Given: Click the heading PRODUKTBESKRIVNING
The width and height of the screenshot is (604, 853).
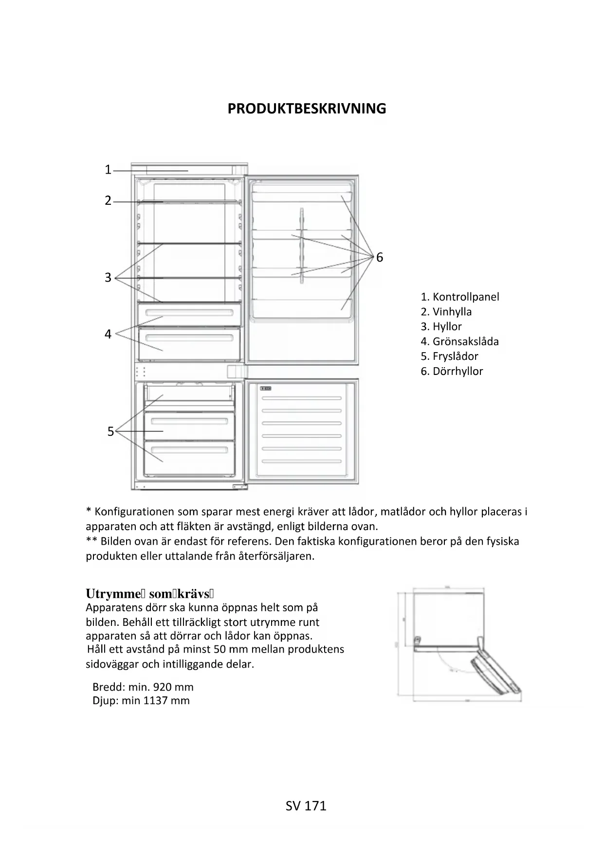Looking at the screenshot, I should (307, 108).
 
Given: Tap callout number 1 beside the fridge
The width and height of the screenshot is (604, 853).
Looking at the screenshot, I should (108, 170).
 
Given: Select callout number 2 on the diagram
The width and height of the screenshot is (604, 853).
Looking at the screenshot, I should (108, 200).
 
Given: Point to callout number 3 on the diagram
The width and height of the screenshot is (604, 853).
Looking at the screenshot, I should (108, 278).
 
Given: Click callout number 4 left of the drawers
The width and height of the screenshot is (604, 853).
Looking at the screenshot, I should (108, 334).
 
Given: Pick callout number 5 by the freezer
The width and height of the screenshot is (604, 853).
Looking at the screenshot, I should (110, 431).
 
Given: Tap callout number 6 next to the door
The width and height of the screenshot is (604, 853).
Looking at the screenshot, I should (380, 257).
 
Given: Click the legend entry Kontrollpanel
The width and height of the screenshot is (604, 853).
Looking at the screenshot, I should (465, 297).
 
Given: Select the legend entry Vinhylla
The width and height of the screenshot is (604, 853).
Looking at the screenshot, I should (452, 312).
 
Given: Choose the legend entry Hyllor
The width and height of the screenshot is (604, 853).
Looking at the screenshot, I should (447, 327).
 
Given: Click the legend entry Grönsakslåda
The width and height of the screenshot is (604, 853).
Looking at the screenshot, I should (465, 341).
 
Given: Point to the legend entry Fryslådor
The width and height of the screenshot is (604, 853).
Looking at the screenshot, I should (455, 356).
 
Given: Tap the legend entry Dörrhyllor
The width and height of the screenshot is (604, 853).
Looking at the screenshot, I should (458, 372).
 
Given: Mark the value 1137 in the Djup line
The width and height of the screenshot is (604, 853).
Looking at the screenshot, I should (155, 701).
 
